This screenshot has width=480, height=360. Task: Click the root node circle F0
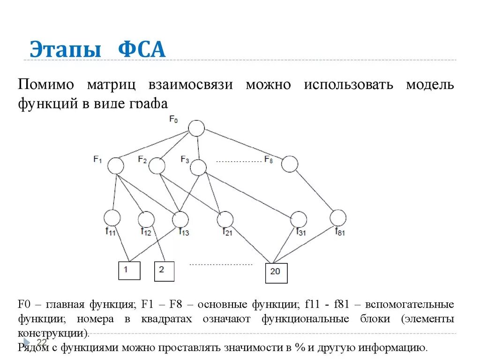[196, 128]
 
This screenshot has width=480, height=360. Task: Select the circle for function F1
[115, 165]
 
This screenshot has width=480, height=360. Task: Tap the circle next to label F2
[157, 165]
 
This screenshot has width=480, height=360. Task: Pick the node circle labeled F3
[198, 167]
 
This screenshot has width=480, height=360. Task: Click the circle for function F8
[290, 164]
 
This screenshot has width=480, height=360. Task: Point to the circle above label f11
[112, 217]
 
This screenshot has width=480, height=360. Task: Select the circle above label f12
[146, 218]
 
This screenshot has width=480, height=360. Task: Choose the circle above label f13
[180, 219]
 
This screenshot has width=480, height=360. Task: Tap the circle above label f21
[225, 219]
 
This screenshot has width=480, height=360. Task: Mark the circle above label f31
[299, 219]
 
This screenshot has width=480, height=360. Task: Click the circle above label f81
[337, 217]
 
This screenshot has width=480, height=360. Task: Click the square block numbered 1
[129, 270]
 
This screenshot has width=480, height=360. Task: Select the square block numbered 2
[164, 271]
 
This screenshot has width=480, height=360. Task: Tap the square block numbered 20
[276, 273]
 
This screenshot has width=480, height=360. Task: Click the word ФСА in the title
[142, 50]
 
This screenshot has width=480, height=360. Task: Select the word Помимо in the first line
[46, 85]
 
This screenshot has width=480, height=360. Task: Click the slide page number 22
[42, 342]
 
